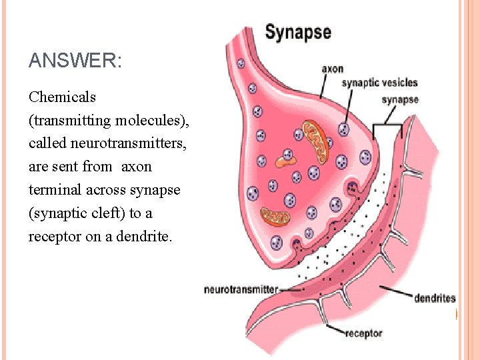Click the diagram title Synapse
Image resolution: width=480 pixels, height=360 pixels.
(298, 32)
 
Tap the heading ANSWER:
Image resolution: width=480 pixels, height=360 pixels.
(75, 62)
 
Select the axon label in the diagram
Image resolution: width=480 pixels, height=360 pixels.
(333, 68)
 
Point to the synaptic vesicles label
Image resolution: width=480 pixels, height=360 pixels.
(379, 83)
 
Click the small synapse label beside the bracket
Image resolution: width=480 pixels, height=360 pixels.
(399, 100)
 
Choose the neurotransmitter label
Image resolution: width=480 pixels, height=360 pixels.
(241, 289)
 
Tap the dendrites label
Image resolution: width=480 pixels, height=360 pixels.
(435, 298)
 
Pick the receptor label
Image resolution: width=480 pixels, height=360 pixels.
(364, 333)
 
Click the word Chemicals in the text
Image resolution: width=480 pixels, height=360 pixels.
(63, 97)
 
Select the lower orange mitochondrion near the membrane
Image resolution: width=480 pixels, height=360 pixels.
(274, 215)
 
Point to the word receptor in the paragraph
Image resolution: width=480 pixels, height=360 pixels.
(54, 237)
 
